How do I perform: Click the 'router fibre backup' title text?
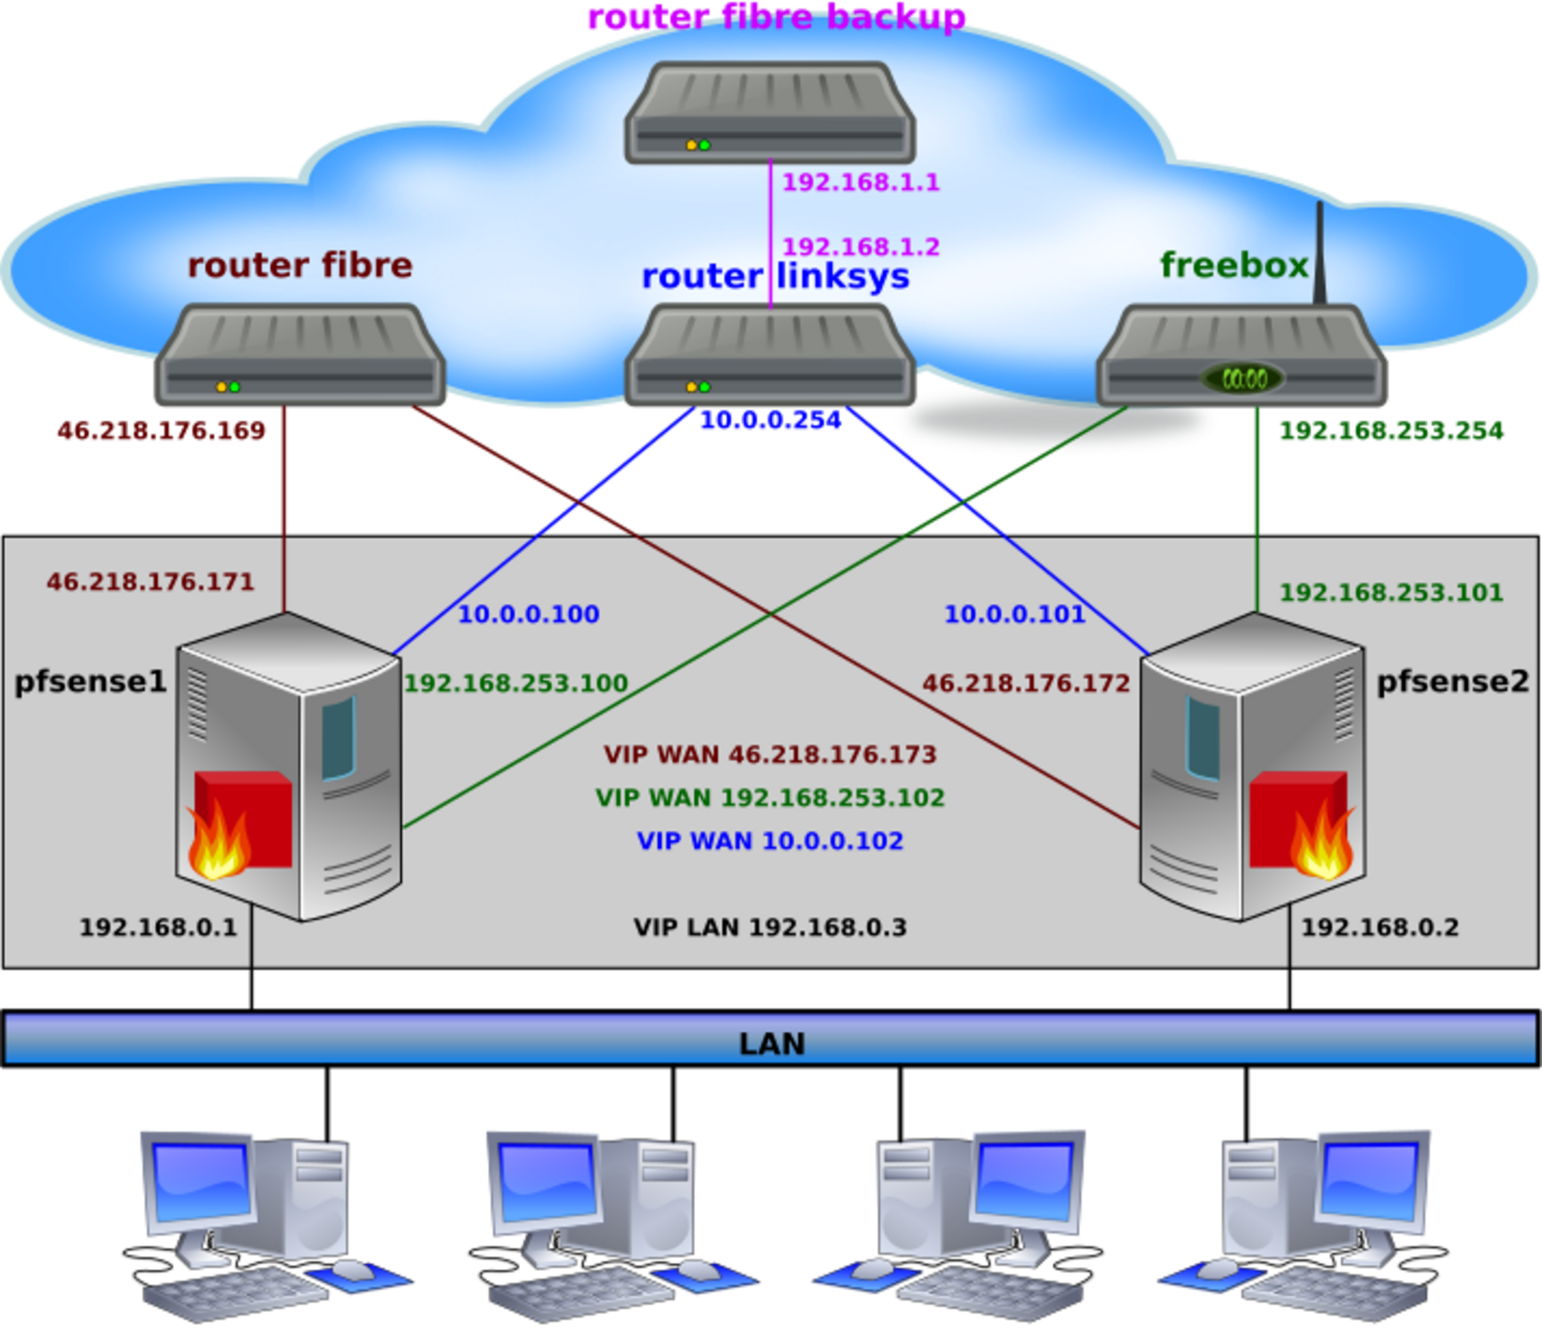point(775,16)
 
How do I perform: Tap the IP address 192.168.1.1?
point(861,182)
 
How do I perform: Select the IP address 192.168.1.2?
point(861,246)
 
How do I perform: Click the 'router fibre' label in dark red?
point(300,266)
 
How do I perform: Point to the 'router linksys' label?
point(775,276)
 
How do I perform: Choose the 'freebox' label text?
point(1234,266)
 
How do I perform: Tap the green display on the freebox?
point(1244,378)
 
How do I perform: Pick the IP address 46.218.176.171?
point(151,582)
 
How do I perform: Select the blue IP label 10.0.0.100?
point(529,614)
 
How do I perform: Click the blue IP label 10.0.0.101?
point(1014,614)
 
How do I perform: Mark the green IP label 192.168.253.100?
point(516,684)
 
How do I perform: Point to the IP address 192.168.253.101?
point(1391,592)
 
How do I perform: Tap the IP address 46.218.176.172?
point(1026,684)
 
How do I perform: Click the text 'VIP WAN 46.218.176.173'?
point(769,755)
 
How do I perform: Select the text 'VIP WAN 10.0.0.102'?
point(770,842)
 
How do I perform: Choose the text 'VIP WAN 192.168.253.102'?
point(770,798)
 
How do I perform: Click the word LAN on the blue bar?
point(772,1044)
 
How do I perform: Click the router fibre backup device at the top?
point(769,112)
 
